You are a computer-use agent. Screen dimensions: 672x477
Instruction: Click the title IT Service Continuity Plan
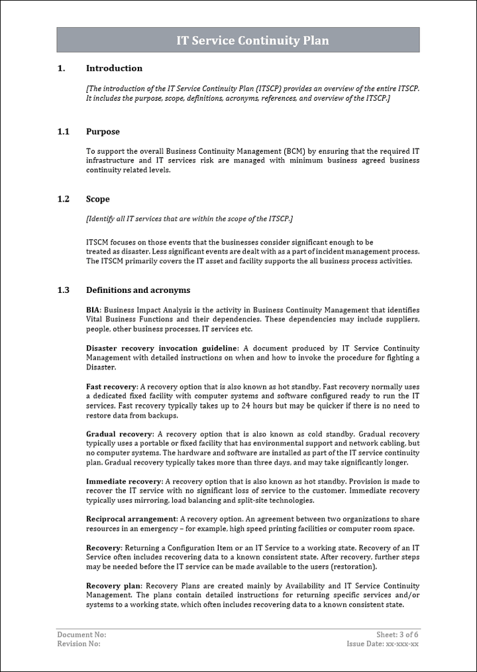(x=252, y=40)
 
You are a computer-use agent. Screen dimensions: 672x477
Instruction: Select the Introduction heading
(x=114, y=68)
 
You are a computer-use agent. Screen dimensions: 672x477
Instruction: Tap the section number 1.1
(x=63, y=132)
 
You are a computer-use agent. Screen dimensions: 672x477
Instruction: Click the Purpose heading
(x=103, y=132)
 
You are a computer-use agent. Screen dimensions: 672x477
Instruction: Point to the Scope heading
(x=97, y=199)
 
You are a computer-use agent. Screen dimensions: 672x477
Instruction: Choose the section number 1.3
(x=63, y=290)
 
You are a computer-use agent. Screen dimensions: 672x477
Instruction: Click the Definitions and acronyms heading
(x=138, y=290)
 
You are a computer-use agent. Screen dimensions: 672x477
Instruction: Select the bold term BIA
(x=93, y=310)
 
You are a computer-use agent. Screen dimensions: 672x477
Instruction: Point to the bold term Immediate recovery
(x=124, y=482)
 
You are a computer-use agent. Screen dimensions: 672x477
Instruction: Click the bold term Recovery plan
(x=113, y=587)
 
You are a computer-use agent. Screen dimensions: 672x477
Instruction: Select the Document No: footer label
(x=81, y=635)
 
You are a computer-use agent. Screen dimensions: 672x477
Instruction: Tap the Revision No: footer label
(x=79, y=644)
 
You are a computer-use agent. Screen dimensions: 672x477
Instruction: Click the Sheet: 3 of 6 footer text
(x=397, y=635)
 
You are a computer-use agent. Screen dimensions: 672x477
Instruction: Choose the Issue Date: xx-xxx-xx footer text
(x=383, y=644)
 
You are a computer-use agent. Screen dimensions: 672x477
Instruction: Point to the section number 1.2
(x=63, y=199)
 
